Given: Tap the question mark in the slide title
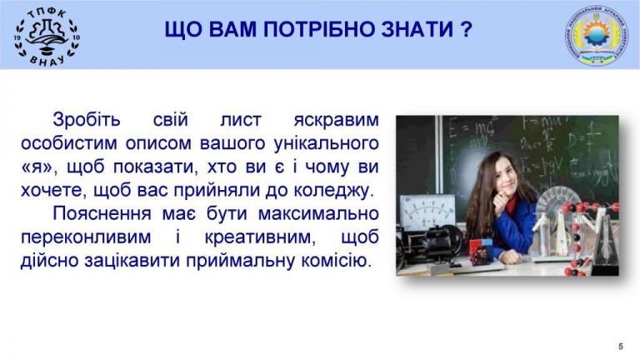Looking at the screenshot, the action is pos(467,29).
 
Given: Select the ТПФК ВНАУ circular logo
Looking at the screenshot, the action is pos(47,37).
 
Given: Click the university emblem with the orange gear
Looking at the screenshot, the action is pos(597,36).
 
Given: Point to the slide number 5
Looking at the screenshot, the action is pos(621,346).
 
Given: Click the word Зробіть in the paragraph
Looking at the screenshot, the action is pos(87,120).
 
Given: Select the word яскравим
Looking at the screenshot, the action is pos(337,121).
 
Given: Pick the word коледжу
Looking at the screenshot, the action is pos(334,191).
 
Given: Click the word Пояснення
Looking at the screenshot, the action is pos(102,213).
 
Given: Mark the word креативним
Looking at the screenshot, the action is pos(260,237).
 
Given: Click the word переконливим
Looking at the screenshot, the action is pos(86,238).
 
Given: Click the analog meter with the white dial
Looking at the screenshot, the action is pos(427,210).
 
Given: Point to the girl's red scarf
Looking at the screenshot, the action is pos(510,205).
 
